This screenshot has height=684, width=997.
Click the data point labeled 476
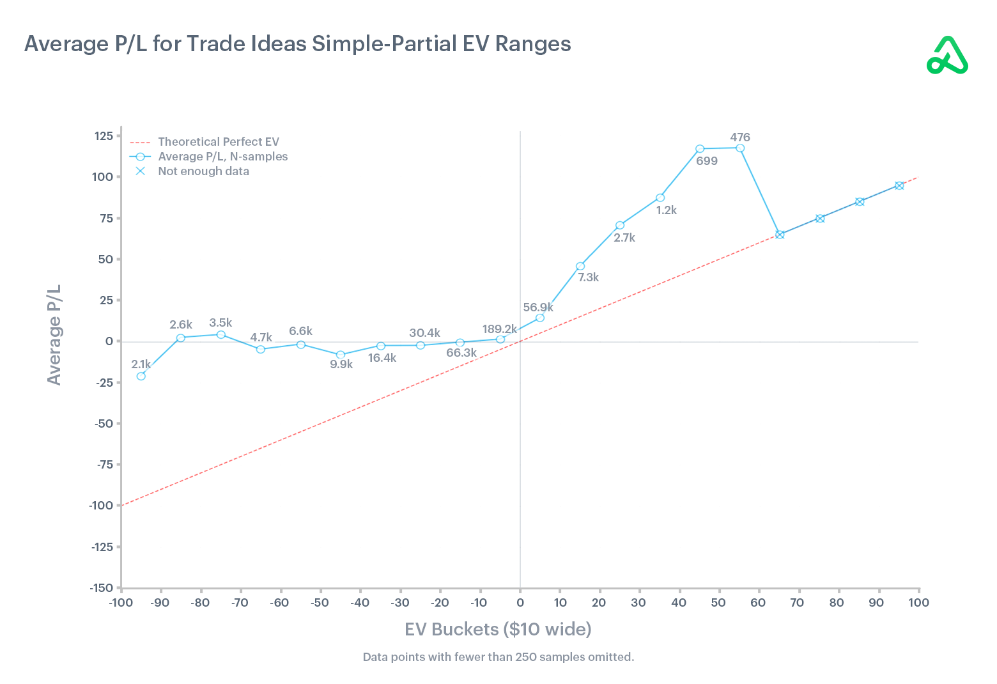point(740,148)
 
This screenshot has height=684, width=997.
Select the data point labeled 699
point(700,149)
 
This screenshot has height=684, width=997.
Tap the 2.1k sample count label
point(141,364)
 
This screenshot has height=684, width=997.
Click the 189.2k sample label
point(500,329)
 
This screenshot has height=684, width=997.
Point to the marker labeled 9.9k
point(341,355)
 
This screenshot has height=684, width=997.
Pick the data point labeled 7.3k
point(580,266)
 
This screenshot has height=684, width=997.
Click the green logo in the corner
point(947,56)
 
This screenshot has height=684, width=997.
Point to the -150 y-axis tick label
point(101,588)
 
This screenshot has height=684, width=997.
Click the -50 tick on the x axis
point(320,603)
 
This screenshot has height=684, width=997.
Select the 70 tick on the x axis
point(797,603)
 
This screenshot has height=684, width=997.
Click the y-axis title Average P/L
point(54,334)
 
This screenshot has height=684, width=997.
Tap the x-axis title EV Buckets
point(498,629)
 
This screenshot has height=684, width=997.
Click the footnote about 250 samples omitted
point(498,657)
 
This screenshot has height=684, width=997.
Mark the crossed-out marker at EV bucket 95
point(899,185)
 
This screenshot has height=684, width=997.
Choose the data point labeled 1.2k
point(660,198)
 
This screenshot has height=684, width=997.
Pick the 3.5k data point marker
point(221,334)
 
